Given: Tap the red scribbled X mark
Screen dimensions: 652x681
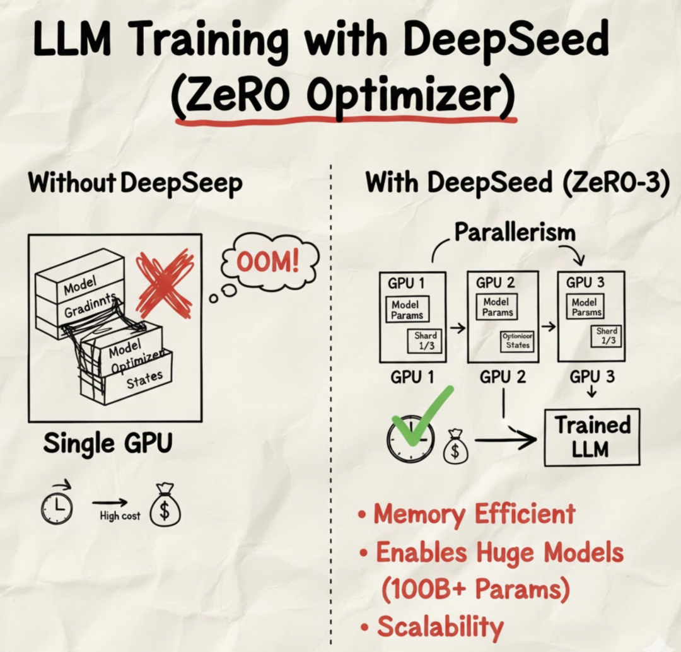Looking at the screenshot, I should coord(165,283).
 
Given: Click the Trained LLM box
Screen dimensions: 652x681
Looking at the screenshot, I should coord(591,436).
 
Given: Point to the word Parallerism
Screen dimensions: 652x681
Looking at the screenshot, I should coord(515,232).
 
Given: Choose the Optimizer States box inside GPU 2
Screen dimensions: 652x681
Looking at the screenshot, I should coord(517,341).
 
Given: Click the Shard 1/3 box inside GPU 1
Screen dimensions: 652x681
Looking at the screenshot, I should coord(425,341).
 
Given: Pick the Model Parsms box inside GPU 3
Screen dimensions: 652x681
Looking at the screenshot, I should coord(586,307).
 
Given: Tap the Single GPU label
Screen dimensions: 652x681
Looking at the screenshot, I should coord(107,443).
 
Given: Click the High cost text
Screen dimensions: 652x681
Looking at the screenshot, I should coord(120,516).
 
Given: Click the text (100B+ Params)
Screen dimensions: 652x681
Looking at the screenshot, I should coord(476,589).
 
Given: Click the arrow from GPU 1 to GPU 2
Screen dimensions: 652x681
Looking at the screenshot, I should coord(458,328).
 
